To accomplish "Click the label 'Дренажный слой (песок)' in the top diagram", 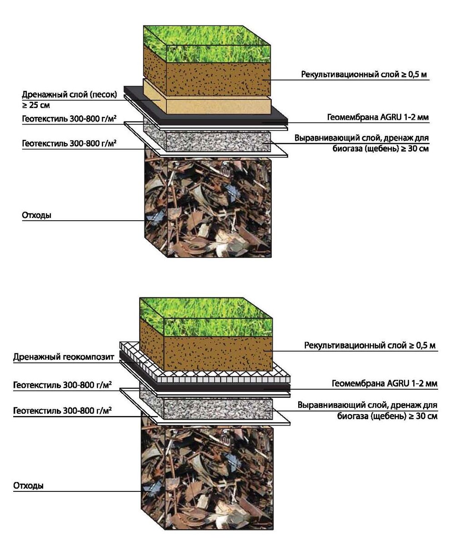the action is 69,94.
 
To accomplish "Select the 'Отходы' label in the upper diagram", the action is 36,215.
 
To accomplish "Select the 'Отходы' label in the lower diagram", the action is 29,486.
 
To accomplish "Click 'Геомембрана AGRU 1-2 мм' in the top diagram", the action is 378,117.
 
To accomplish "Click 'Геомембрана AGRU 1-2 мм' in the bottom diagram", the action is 384,383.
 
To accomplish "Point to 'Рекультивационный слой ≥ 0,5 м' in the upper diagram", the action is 364,74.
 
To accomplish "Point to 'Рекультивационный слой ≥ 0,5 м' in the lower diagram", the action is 370,346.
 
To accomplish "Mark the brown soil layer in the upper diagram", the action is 218,77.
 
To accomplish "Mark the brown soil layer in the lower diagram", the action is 218,352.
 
